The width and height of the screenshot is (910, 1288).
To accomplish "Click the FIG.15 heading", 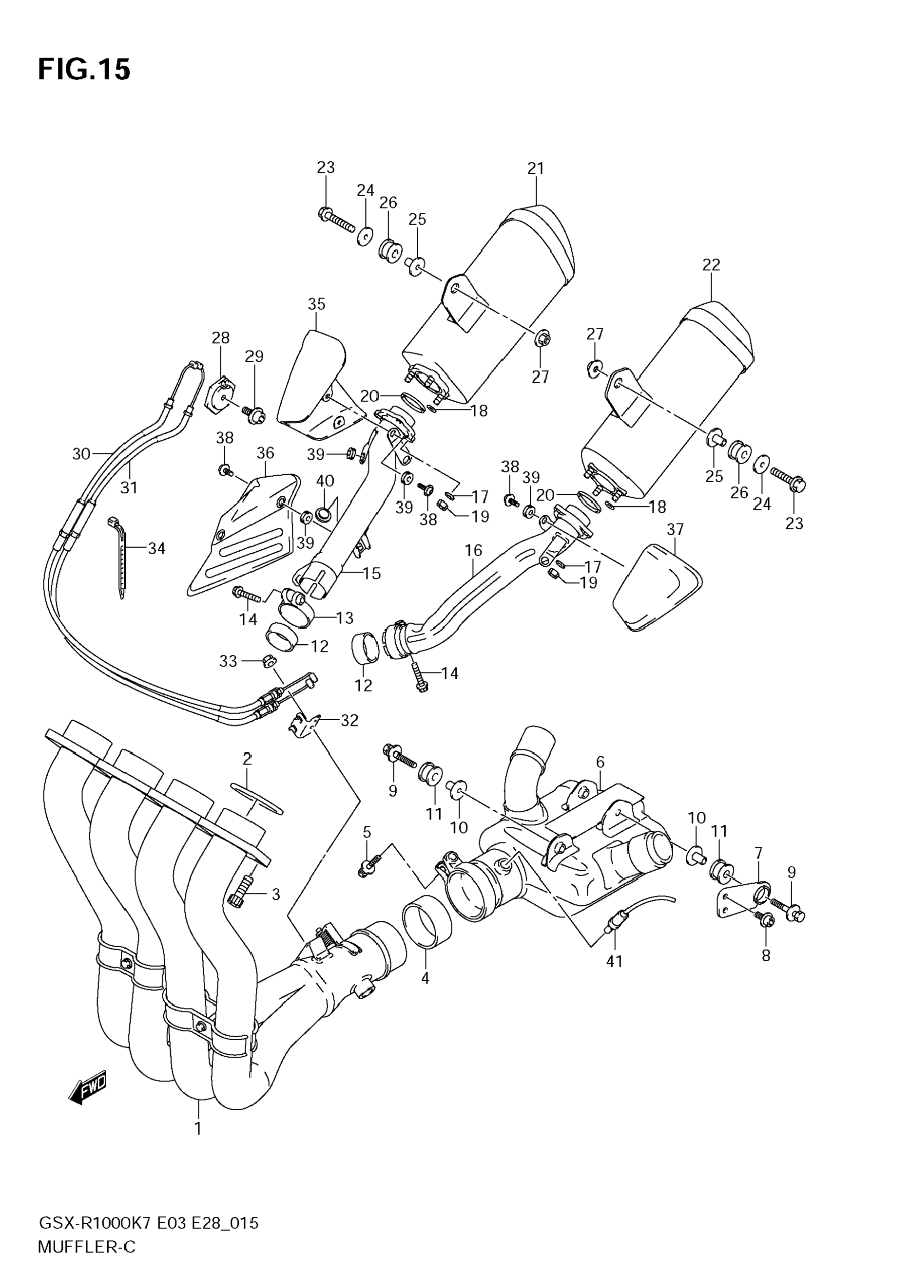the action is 84,70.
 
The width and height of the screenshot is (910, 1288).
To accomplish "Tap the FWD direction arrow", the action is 87,1090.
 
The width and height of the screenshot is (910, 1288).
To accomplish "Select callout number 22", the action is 711,264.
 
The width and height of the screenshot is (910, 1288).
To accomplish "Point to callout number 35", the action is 317,303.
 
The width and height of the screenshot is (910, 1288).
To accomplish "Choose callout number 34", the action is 156,548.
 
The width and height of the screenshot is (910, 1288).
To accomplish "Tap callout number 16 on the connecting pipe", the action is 473,550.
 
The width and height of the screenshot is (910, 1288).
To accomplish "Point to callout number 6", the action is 600,763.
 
